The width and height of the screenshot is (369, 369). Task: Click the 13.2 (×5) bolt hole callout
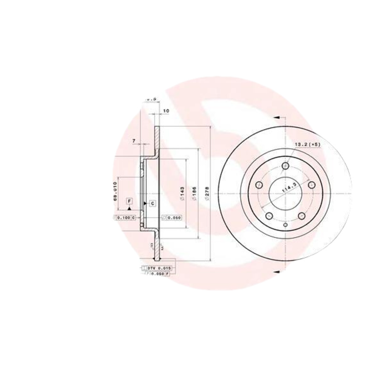coord(308,145)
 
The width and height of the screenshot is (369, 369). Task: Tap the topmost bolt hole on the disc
coord(285,166)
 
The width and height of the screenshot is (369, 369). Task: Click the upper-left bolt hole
coord(259,184)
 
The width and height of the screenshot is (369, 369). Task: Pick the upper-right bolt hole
coord(311,184)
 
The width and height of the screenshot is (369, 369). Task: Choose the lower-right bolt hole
coord(302,216)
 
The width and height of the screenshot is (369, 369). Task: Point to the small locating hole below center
coord(285,225)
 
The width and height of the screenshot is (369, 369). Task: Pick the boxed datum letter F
coord(129,202)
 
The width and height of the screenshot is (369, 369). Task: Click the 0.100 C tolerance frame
coord(125,217)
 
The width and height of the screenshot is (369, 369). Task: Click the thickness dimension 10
coord(167,111)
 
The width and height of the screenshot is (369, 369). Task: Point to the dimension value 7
coord(134,140)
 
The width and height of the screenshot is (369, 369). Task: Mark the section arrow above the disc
coord(276,117)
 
